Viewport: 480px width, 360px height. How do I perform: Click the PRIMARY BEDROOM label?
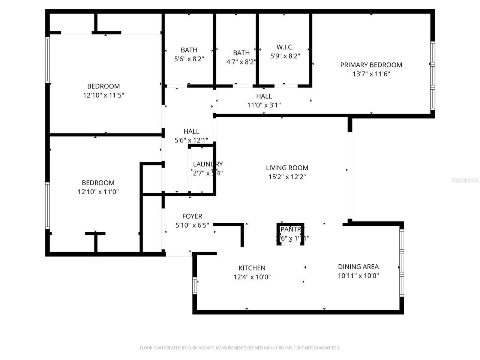pos(371,65)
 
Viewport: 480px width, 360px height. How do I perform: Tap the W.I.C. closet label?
pos(285,47)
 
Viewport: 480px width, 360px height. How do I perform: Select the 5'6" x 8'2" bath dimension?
pos(189,59)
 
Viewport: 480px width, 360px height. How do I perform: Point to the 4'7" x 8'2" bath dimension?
pos(241,62)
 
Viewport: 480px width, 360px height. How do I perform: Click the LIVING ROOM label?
pos(287,168)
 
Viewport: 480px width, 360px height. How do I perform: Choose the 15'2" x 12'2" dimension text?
pos(287,177)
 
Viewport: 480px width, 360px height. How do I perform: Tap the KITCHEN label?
pos(252,268)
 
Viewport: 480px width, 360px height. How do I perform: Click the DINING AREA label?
pos(358,267)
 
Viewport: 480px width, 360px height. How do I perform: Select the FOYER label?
pos(192,216)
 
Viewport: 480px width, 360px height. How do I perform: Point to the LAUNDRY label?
pos(208,164)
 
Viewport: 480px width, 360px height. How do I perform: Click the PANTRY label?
pos(290,229)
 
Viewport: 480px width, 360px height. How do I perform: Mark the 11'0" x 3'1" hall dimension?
pos(264,105)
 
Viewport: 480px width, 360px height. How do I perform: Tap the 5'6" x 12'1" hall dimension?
pos(191,140)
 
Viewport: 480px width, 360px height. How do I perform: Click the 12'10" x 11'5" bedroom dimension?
pos(103,95)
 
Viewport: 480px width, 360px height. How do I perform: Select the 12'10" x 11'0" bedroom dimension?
pos(98,192)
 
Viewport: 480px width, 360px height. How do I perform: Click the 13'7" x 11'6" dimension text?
pos(371,74)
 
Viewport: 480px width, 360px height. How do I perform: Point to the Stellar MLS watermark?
pos(465,180)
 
